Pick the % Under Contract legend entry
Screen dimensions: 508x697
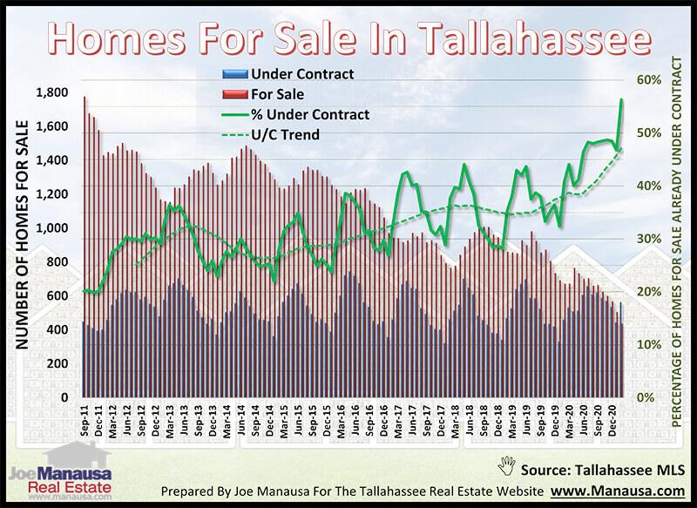[x=310, y=114]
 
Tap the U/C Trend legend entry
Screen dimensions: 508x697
[x=284, y=134]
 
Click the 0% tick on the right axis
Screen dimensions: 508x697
[x=653, y=397]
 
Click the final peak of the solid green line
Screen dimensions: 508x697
[x=621, y=99]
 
